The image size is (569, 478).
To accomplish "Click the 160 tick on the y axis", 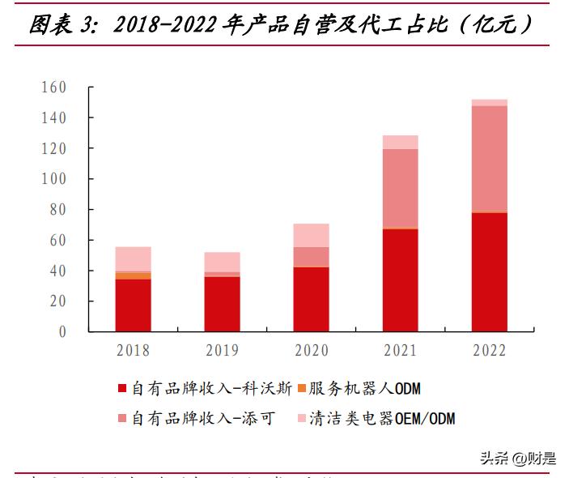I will click(53, 87).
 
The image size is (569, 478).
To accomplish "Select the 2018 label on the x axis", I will click(133, 351).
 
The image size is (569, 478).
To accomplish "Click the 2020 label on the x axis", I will click(311, 351).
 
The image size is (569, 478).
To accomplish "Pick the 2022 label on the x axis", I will click(489, 351).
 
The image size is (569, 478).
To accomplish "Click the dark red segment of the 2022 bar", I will click(489, 272).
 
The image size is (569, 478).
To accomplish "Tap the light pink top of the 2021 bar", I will click(400, 142).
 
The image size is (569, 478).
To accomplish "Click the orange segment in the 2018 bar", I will click(133, 275).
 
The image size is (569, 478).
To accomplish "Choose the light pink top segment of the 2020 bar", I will click(311, 235).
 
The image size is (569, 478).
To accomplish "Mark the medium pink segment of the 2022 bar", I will click(489, 158).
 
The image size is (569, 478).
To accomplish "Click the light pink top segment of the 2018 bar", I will click(133, 258).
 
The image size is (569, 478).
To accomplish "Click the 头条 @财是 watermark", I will click(518, 459).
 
